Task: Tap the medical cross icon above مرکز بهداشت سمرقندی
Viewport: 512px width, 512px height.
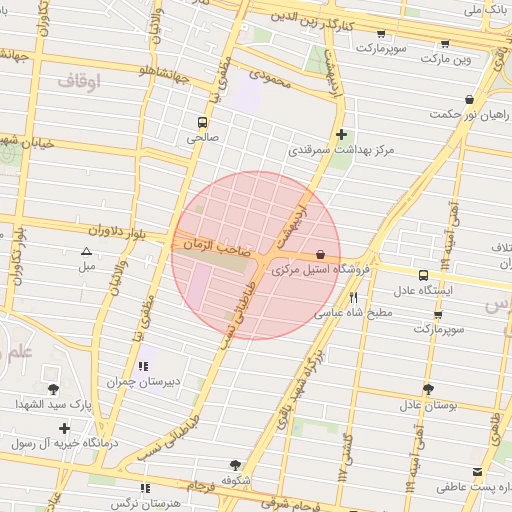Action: point(342,134)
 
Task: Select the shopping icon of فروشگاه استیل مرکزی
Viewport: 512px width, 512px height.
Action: point(319,254)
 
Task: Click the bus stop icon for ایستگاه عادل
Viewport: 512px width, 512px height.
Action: point(423,275)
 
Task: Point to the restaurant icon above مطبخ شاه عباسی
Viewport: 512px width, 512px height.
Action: point(353,297)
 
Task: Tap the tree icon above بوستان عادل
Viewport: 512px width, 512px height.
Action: point(428,389)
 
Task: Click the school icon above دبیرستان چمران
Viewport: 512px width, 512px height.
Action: point(144,367)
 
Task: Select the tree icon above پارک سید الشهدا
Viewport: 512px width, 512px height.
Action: point(53,389)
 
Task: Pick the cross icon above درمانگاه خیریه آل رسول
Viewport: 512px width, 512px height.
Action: point(64,427)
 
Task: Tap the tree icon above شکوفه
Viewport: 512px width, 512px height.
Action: point(234,465)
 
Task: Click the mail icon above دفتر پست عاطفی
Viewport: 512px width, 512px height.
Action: point(476,471)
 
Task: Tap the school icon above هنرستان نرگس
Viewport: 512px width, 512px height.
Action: point(146,487)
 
